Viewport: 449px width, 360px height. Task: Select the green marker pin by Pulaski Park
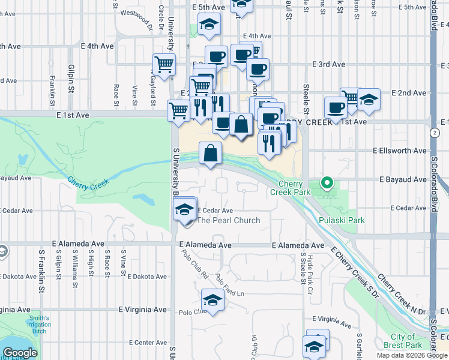coord(327,182)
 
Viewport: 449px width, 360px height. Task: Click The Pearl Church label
coord(229,220)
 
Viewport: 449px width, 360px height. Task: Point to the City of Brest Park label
coord(406,341)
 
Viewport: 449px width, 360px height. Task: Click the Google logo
coord(20,353)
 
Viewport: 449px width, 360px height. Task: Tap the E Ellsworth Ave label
coord(399,151)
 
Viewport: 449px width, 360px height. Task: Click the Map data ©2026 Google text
coord(412,355)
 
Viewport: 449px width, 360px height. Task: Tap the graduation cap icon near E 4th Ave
coord(209,24)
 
